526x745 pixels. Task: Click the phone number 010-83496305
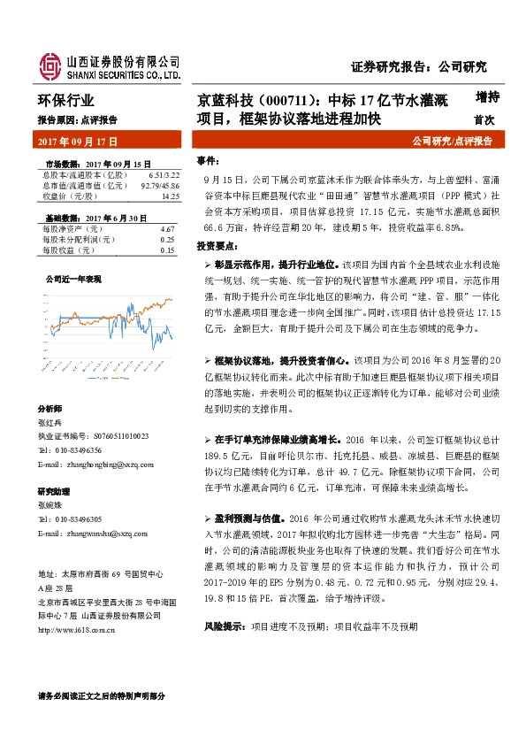74,520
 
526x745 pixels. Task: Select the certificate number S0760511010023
109,436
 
